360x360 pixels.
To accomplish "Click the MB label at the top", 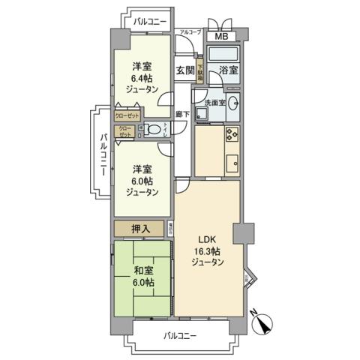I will pos(223,37).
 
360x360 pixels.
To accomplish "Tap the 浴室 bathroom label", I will pos(228,70).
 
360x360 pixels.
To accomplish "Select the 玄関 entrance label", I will pos(185,70).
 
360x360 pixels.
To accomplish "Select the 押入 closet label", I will pos(142,228).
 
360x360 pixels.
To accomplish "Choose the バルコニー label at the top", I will pos(150,22).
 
